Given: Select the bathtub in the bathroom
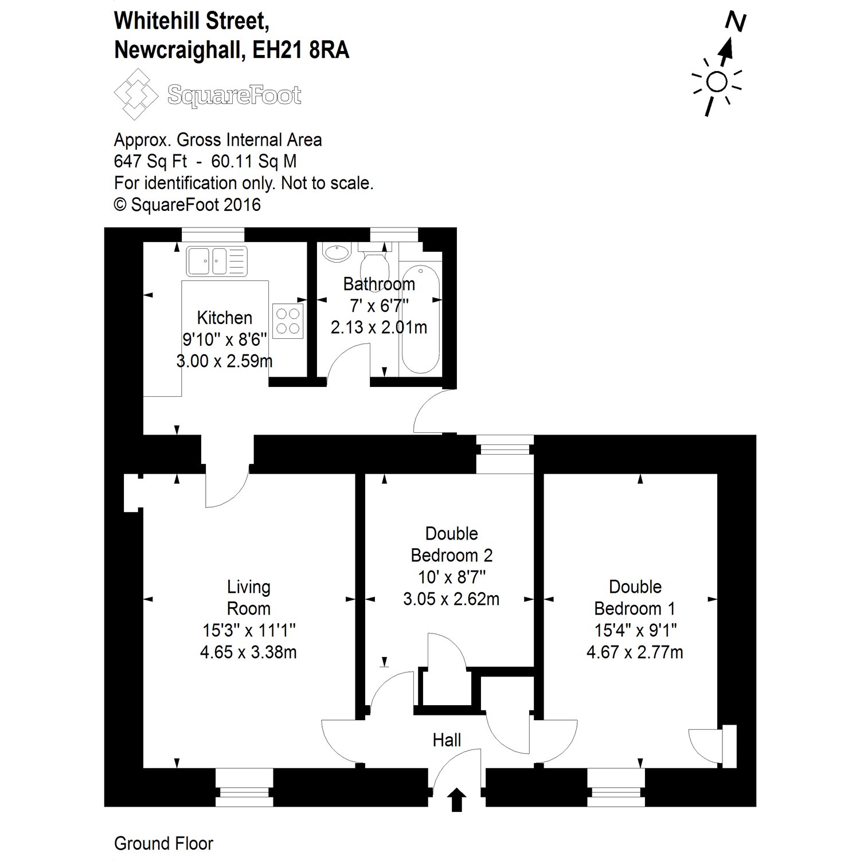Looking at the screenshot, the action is pyautogui.click(x=421, y=319).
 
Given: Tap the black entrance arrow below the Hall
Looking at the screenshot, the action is pyautogui.click(x=456, y=800).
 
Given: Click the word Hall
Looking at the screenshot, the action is pyautogui.click(x=447, y=740).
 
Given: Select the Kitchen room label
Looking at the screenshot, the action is pyautogui.click(x=224, y=318).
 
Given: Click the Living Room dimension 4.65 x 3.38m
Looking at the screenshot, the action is pyautogui.click(x=248, y=652).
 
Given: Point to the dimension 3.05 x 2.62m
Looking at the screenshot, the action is pyautogui.click(x=451, y=599).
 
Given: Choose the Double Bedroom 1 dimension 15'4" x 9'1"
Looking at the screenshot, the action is pyautogui.click(x=635, y=630).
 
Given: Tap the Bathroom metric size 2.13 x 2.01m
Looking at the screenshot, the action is pyautogui.click(x=379, y=327).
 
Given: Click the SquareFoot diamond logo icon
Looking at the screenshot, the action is pyautogui.click(x=136, y=94).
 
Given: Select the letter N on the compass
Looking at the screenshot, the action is pyautogui.click(x=735, y=22).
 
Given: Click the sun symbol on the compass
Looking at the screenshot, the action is pyautogui.click(x=717, y=83).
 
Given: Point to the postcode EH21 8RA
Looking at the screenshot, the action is pyautogui.click(x=301, y=50).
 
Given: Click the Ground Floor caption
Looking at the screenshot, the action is pyautogui.click(x=163, y=843).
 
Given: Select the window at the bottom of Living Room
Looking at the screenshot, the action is pyautogui.click(x=244, y=787).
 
